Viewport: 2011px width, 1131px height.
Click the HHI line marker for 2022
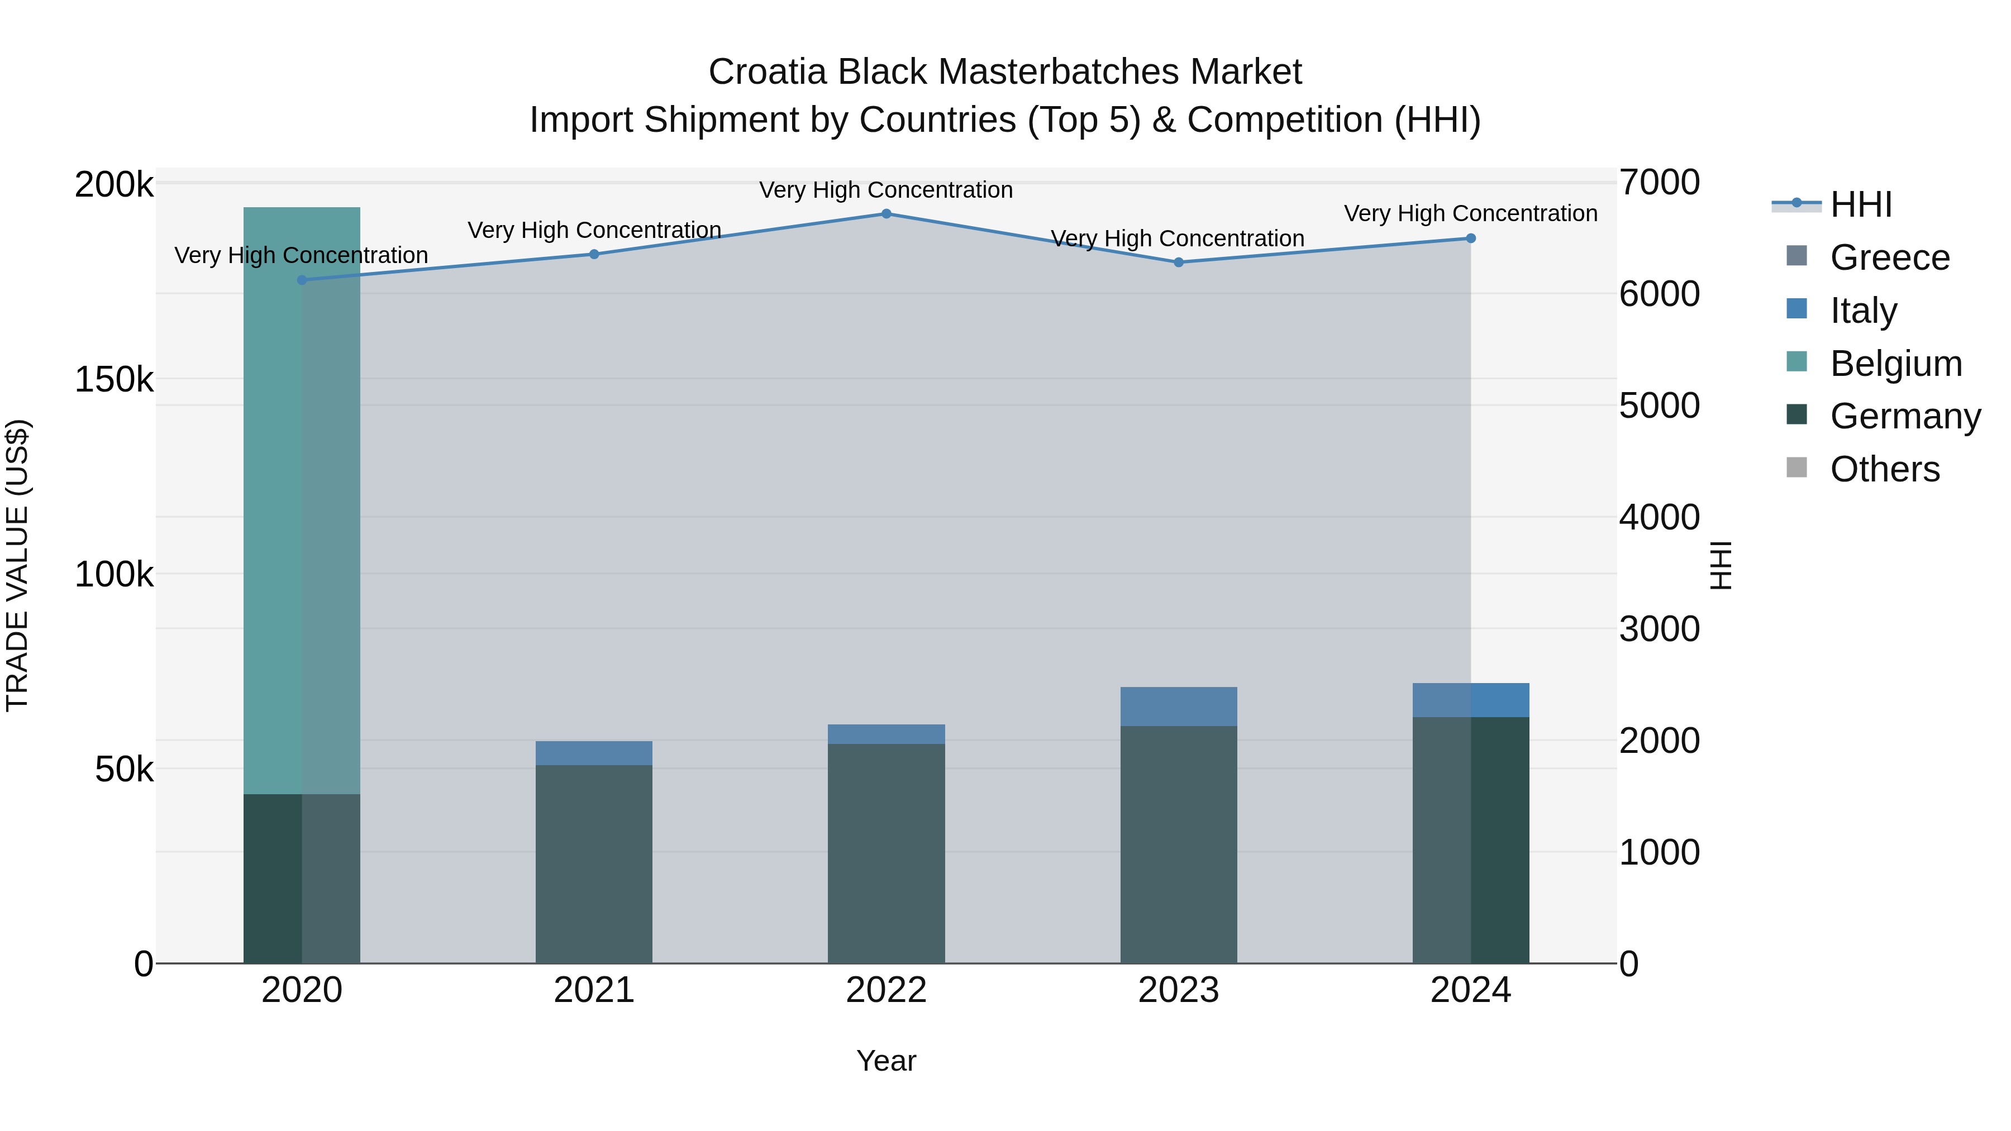[x=886, y=214]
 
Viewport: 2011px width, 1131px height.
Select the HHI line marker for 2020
[x=302, y=280]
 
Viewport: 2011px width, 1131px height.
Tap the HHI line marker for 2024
[x=1471, y=238]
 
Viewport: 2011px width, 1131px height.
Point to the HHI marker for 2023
[x=1179, y=263]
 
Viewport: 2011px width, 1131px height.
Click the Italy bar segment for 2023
[x=1179, y=707]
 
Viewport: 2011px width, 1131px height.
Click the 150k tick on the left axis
[x=114, y=380]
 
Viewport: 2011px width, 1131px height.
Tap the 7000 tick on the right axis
[x=1659, y=183]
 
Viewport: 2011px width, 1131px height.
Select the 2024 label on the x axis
[x=1471, y=990]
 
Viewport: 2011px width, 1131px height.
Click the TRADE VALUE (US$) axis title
[x=17, y=565]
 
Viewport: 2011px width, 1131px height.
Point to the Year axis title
[x=886, y=1061]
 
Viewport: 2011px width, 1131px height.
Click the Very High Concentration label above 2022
[x=886, y=190]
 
